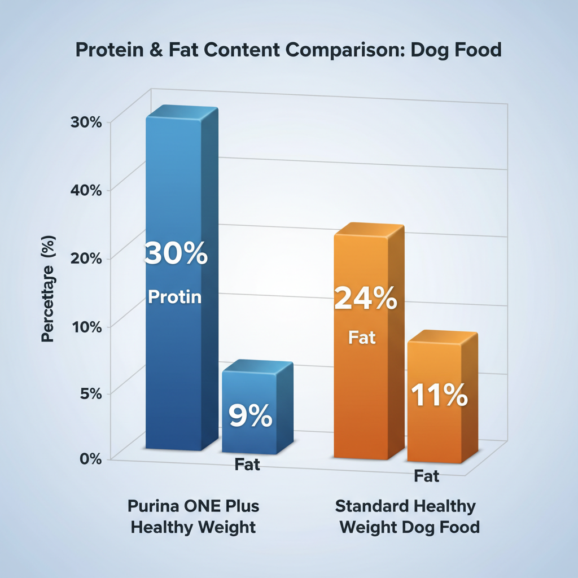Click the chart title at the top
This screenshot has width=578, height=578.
click(288, 50)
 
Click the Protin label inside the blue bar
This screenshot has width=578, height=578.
click(174, 297)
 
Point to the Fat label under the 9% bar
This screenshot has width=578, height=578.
click(247, 465)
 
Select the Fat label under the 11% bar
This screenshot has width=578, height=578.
click(426, 476)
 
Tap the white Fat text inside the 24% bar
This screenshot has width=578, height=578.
click(362, 338)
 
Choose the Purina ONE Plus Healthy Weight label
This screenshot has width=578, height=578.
click(193, 516)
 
